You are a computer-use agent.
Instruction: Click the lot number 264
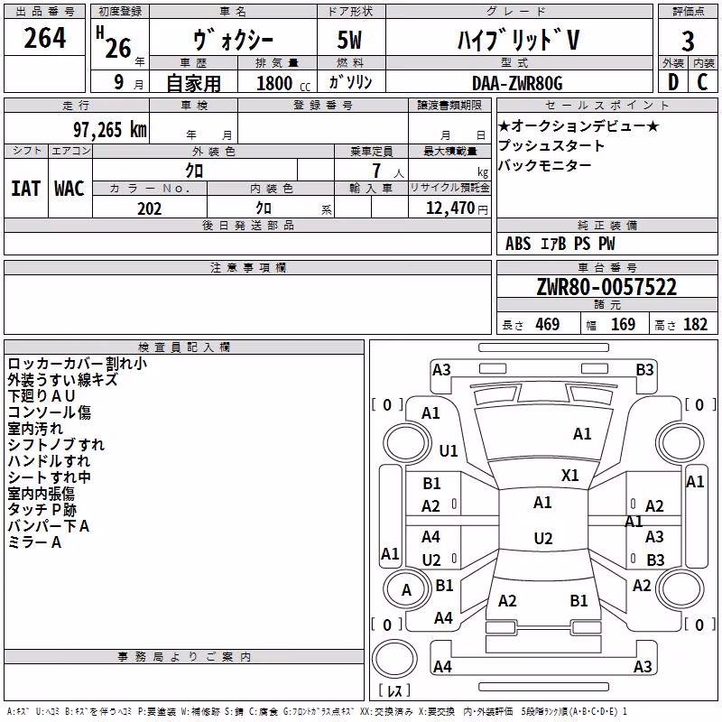(44, 38)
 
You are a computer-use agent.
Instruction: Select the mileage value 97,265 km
(110, 130)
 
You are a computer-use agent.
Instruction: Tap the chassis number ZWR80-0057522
(606, 287)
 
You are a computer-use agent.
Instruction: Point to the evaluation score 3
(688, 41)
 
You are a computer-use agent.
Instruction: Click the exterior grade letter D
(673, 82)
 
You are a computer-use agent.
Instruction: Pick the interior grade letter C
(702, 82)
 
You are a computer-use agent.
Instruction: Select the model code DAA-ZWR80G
(517, 83)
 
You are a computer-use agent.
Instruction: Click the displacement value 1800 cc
(283, 83)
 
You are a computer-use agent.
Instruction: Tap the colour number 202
(149, 208)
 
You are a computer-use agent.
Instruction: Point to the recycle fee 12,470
(449, 208)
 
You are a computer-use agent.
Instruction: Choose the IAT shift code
(25, 189)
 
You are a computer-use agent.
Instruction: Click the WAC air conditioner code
(69, 189)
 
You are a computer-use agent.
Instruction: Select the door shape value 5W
(349, 40)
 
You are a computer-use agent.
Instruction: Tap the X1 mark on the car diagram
(569, 476)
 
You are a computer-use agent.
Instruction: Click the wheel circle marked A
(406, 590)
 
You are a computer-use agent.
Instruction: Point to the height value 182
(695, 324)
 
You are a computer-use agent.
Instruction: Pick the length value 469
(548, 324)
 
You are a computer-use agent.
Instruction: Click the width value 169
(623, 324)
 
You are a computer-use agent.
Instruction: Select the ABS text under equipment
(518, 244)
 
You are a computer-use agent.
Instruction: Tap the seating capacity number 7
(376, 171)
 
